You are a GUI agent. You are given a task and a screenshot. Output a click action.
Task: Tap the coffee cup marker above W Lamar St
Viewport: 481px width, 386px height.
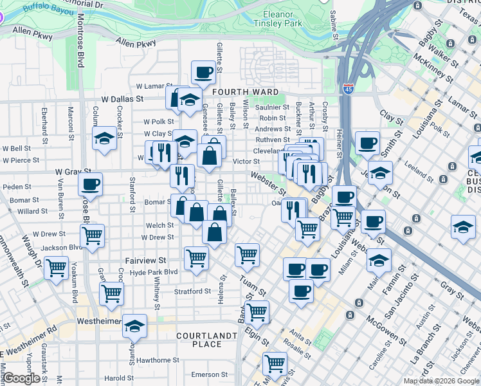point(204,73)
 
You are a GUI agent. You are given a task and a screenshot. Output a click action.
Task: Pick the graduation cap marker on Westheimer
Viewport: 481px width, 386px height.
point(134,326)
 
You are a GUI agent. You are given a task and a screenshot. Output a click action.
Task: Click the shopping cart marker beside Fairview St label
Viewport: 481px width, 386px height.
point(196,258)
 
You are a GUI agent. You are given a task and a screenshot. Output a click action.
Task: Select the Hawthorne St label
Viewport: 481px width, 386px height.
point(156,360)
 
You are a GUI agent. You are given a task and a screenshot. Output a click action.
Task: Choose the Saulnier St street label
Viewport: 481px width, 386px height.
point(273,107)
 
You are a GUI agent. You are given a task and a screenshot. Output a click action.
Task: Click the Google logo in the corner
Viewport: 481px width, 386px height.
point(21,378)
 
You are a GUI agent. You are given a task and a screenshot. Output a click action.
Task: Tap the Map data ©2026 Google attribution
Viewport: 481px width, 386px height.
point(441,381)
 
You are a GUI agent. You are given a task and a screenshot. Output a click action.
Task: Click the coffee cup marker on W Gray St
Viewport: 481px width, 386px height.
point(90,184)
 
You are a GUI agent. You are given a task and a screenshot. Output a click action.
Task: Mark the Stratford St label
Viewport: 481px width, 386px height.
point(192,291)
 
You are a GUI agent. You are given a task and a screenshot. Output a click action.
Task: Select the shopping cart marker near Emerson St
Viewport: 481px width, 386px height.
point(275,363)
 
